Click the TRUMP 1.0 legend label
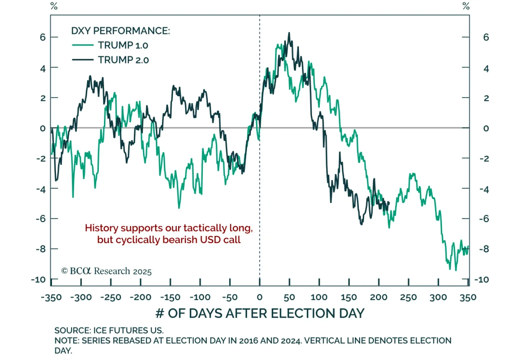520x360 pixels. point(123,45)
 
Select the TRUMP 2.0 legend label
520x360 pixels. point(123,60)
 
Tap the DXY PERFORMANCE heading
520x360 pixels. point(120,31)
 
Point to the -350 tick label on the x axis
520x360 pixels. point(51,297)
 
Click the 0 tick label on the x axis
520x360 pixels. point(259,297)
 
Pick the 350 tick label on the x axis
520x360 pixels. point(468,297)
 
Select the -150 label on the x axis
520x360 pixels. point(170,297)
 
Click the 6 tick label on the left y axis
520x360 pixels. point(43,37)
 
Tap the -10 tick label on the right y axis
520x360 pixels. point(481,280)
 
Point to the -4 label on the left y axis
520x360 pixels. point(41,189)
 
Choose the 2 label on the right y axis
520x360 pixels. point(486,98)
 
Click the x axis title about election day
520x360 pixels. point(260,313)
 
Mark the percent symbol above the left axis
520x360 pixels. point(54,6)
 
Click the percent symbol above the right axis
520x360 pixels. point(466,6)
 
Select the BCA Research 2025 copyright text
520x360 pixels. point(106,271)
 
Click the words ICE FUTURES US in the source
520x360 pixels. point(128,330)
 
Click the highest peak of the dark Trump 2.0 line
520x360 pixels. point(289,33)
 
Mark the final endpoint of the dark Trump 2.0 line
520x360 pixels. point(389,202)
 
